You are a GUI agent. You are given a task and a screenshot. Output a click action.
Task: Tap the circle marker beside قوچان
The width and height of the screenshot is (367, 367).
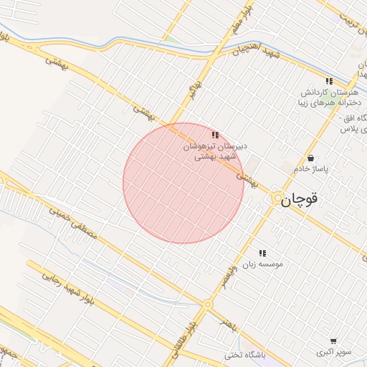pyautogui.click(x=277, y=198)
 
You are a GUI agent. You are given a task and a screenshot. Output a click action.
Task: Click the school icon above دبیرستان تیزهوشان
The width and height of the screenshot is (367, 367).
pyautogui.click(x=215, y=135)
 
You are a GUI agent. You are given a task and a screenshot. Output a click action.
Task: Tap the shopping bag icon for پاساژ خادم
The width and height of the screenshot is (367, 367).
pyautogui.click(x=310, y=158)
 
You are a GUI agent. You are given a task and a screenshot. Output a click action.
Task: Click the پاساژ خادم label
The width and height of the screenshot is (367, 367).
pyautogui.click(x=310, y=168)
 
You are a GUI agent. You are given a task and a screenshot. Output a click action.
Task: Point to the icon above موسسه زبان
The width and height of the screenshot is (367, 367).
pyautogui.click(x=262, y=253)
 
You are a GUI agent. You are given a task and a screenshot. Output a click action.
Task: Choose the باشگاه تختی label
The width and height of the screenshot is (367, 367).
pyautogui.click(x=243, y=355)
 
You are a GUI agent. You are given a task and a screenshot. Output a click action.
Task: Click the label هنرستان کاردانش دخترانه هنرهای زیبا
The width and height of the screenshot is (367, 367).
pyautogui.click(x=330, y=97)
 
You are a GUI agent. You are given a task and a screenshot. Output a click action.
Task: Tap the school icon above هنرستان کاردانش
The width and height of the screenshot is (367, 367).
pyautogui.click(x=329, y=82)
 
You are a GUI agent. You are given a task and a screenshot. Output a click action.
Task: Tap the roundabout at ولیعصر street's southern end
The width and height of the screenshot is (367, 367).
pyautogui.click(x=208, y=305)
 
